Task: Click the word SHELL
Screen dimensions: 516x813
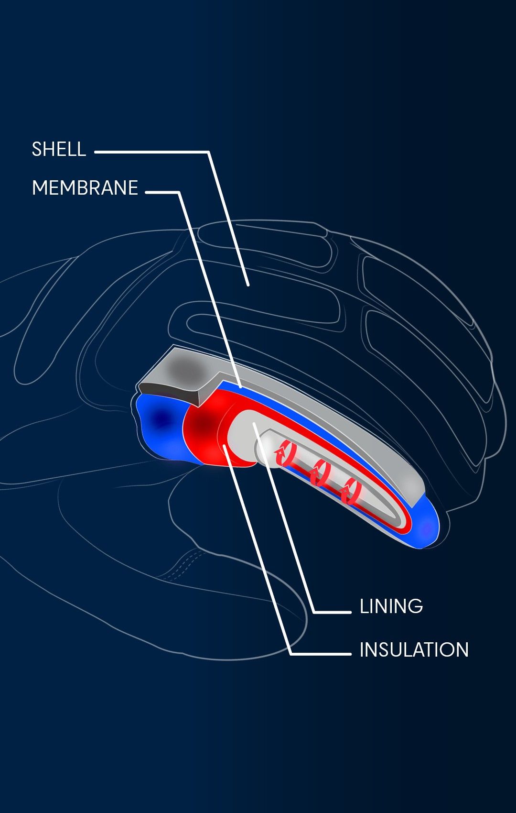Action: pyautogui.click(x=59, y=149)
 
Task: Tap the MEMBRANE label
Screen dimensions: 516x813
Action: pyautogui.click(x=85, y=187)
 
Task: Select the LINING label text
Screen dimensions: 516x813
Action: pyautogui.click(x=391, y=606)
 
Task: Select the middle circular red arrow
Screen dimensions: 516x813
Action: pyautogui.click(x=320, y=472)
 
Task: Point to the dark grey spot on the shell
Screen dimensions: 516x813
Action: pyautogui.click(x=185, y=370)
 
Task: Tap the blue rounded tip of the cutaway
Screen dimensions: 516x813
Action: pyautogui.click(x=426, y=526)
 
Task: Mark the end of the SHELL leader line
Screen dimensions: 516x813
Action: pyautogui.click(x=248, y=286)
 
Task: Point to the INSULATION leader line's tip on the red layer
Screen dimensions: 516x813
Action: pyautogui.click(x=225, y=446)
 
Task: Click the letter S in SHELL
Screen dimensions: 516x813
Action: pyautogui.click(x=37, y=149)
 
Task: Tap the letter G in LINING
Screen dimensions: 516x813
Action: pyautogui.click(x=417, y=606)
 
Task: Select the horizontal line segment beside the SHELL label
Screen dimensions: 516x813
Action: pyautogui.click(x=151, y=152)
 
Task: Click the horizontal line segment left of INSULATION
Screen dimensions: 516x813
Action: pyautogui.click(x=321, y=654)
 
